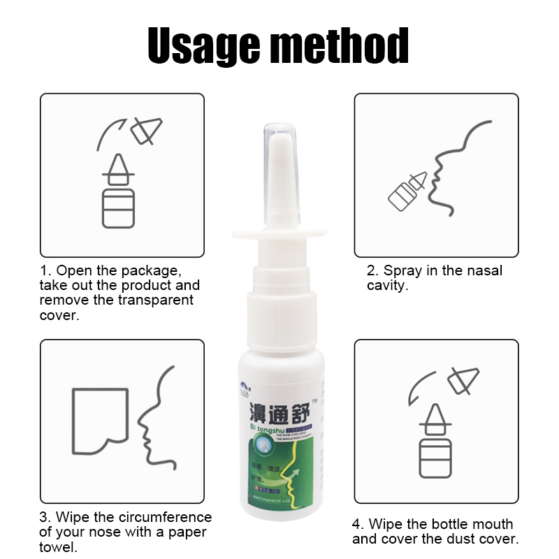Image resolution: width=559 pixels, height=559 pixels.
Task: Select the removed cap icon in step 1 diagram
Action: point(148,130)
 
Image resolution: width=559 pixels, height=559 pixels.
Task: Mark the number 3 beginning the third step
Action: point(45,518)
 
